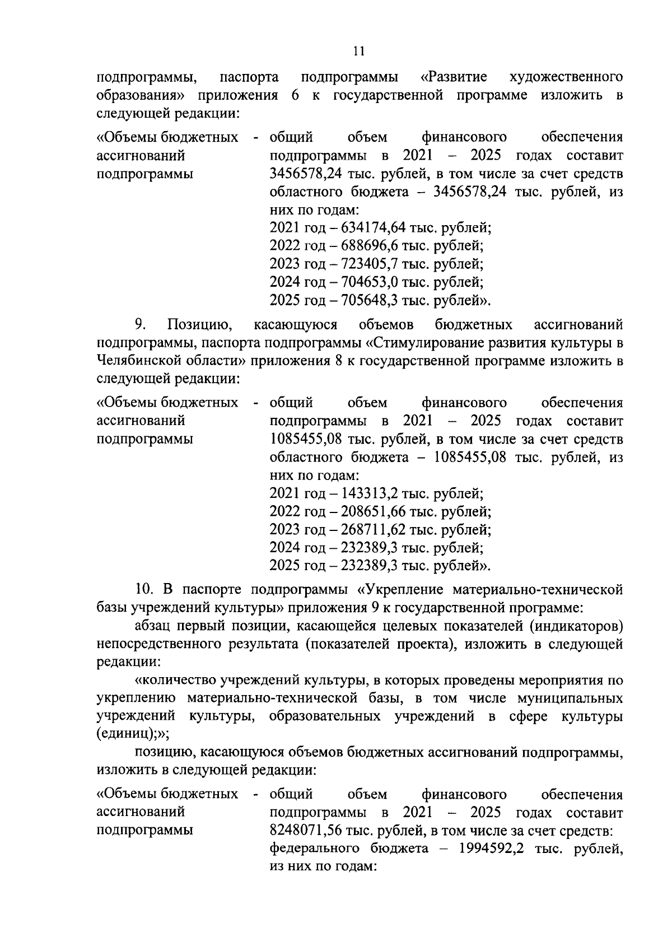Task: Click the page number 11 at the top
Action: tap(359, 52)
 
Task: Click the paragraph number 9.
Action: tap(140, 325)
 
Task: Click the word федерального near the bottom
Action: tap(315, 849)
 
